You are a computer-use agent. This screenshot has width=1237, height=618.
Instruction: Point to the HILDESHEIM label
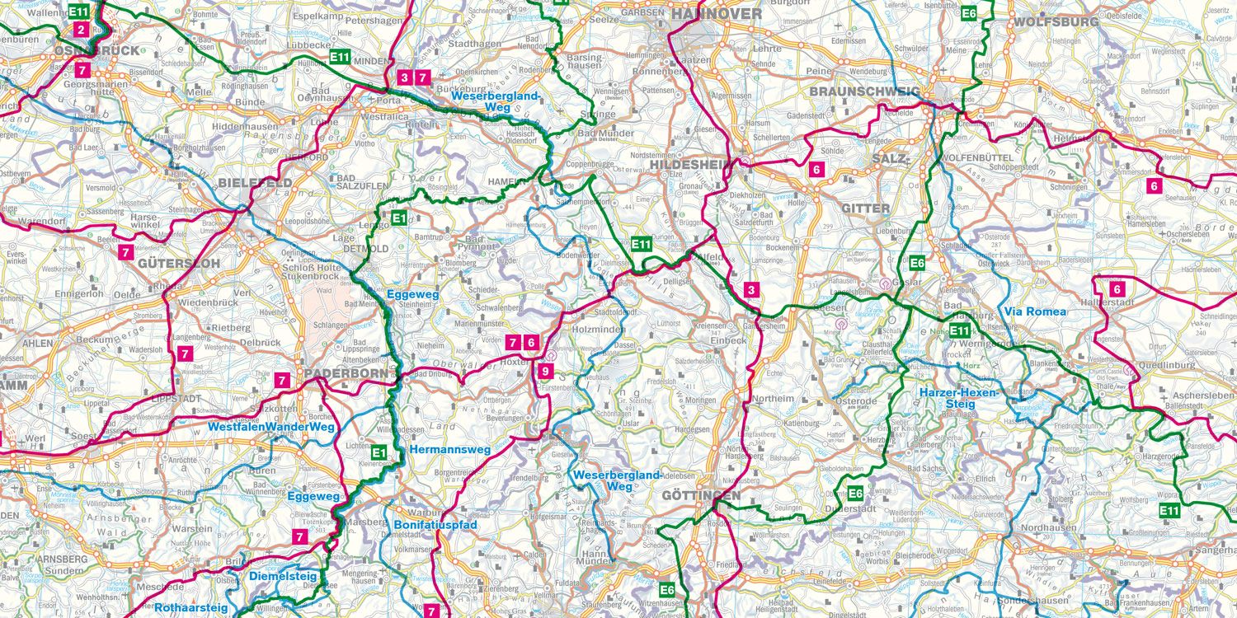(691, 165)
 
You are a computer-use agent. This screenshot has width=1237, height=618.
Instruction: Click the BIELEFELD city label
(255, 182)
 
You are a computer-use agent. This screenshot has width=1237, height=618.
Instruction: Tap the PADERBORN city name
(345, 373)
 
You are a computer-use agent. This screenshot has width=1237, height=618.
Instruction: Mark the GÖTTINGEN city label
(700, 495)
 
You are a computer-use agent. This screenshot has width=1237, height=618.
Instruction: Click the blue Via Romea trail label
(1035, 311)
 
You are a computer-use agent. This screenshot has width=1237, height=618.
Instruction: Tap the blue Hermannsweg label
(449, 450)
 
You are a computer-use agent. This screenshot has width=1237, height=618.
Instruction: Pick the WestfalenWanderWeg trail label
(270, 427)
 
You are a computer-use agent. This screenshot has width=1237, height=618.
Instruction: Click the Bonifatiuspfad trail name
(435, 524)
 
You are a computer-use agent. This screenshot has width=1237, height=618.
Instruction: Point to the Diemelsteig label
(280, 577)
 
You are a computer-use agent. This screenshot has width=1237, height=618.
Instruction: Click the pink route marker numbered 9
(544, 371)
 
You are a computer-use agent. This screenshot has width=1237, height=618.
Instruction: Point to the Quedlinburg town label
(1166, 365)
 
